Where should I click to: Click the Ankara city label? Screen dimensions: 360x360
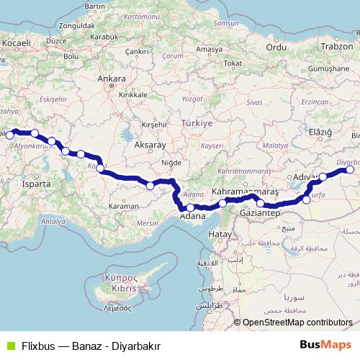tap(112, 79)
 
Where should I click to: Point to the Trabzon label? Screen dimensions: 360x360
tap(338, 46)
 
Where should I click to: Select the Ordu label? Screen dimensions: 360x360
tap(276, 47)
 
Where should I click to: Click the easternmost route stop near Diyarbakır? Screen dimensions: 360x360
tap(350, 170)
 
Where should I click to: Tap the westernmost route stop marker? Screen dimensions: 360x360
tap(10, 135)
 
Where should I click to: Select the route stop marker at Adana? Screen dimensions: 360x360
tap(190, 207)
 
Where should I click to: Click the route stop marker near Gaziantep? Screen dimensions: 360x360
tap(260, 204)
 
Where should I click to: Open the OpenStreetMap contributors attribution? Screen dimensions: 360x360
tap(297, 323)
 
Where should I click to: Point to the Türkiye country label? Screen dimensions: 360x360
tap(197, 123)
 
